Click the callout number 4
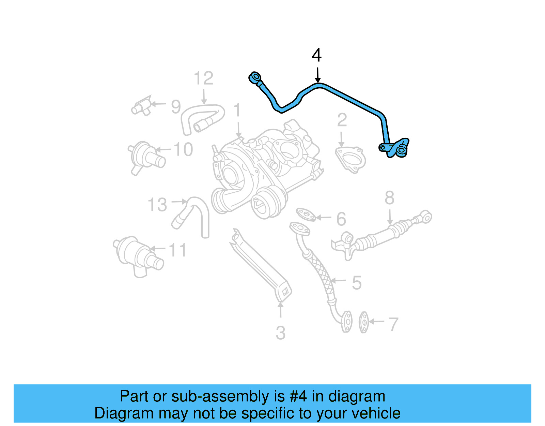(316, 56)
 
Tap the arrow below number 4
(317, 75)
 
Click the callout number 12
(203, 79)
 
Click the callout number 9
(176, 106)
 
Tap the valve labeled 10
(146, 157)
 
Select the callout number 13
(157, 205)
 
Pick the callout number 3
(280, 333)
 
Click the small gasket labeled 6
(306, 215)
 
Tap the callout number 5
(356, 283)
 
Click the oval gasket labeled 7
(364, 322)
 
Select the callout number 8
(389, 198)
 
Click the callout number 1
(237, 111)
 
